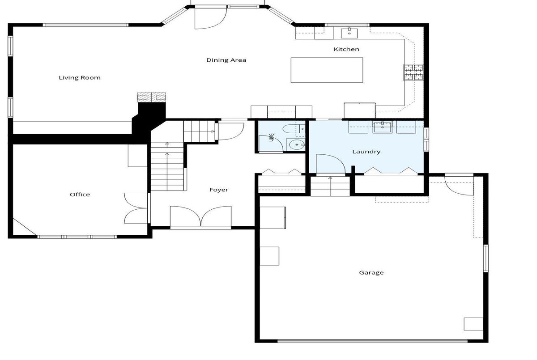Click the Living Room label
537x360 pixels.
[80, 78]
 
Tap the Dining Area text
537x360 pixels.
[226, 60]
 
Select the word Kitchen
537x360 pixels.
[346, 49]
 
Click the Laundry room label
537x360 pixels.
[367, 152]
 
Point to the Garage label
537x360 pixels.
[371, 273]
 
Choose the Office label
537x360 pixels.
[80, 195]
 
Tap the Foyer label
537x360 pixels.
[219, 190]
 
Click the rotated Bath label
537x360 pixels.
[271, 137]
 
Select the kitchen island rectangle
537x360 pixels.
[327, 70]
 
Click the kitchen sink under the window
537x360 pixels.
[349, 33]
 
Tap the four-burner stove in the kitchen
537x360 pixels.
[413, 72]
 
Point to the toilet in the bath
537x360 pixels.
[294, 129]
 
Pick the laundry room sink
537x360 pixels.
[382, 127]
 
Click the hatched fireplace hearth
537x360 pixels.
[152, 97]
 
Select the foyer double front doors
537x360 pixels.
[200, 217]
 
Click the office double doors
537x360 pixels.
[136, 208]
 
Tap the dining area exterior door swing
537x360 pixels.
[210, 18]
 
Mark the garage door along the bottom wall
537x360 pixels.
[372, 341]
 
